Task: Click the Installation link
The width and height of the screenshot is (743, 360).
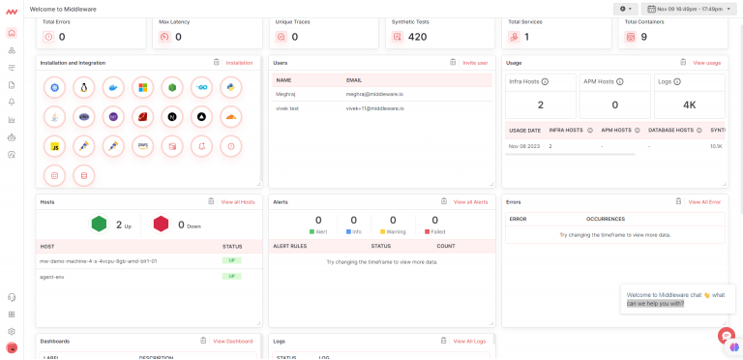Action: [x=239, y=63]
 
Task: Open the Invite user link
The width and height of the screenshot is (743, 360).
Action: [x=475, y=63]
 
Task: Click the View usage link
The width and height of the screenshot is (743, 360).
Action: [x=706, y=63]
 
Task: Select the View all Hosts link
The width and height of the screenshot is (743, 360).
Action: [x=238, y=202]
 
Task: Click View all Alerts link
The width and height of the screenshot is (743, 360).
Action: [x=470, y=202]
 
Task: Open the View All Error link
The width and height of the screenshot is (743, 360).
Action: [x=704, y=202]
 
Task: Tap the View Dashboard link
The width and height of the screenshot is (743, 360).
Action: [x=232, y=341]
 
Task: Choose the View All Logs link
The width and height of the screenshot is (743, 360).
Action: [x=469, y=341]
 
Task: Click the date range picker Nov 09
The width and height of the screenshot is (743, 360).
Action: [x=689, y=9]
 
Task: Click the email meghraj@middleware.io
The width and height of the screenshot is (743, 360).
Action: [x=374, y=94]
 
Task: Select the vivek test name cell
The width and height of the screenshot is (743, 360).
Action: [x=289, y=108]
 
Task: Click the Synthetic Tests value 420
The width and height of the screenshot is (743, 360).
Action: [x=417, y=37]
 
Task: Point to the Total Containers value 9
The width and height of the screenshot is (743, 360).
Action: [x=643, y=37]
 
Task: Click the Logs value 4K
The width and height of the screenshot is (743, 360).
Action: [x=690, y=105]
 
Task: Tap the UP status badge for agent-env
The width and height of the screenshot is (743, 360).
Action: [x=231, y=276]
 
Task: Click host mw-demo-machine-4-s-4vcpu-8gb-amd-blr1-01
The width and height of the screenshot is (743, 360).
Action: [x=98, y=260]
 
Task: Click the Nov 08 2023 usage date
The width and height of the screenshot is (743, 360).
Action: [x=524, y=146]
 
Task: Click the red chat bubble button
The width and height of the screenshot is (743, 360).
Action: [x=726, y=335]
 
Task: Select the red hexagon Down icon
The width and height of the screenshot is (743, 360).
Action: [x=161, y=225]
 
